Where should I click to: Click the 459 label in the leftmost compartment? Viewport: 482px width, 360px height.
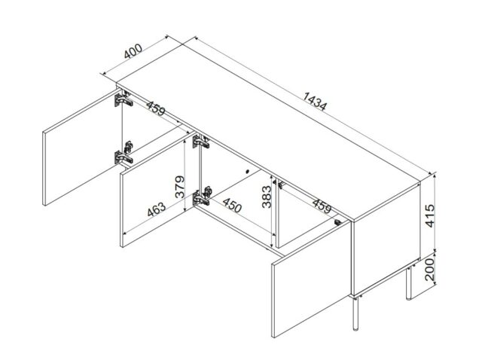tap(156, 111)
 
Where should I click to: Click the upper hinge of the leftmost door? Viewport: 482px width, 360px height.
tap(120, 100)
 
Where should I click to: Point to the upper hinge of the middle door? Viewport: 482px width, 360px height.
tap(199, 141)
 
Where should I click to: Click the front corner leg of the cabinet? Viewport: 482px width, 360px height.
tap(355, 315)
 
